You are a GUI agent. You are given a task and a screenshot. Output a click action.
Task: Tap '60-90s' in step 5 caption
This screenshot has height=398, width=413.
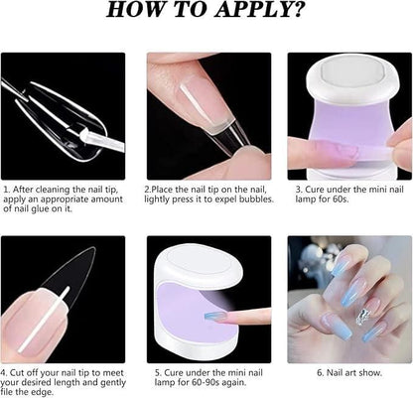tap(206, 382)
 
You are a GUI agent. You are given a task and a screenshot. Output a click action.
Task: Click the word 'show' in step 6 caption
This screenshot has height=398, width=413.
tap(372, 373)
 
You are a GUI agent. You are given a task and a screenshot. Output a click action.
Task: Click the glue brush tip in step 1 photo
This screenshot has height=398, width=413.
tap(81, 134)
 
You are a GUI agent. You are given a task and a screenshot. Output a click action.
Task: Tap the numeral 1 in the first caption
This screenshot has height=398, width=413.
tap(5, 190)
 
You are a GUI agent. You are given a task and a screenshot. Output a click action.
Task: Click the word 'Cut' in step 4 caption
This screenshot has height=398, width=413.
tap(17, 373)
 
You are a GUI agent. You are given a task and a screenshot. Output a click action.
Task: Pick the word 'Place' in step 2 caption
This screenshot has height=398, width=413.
tap(162, 190)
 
